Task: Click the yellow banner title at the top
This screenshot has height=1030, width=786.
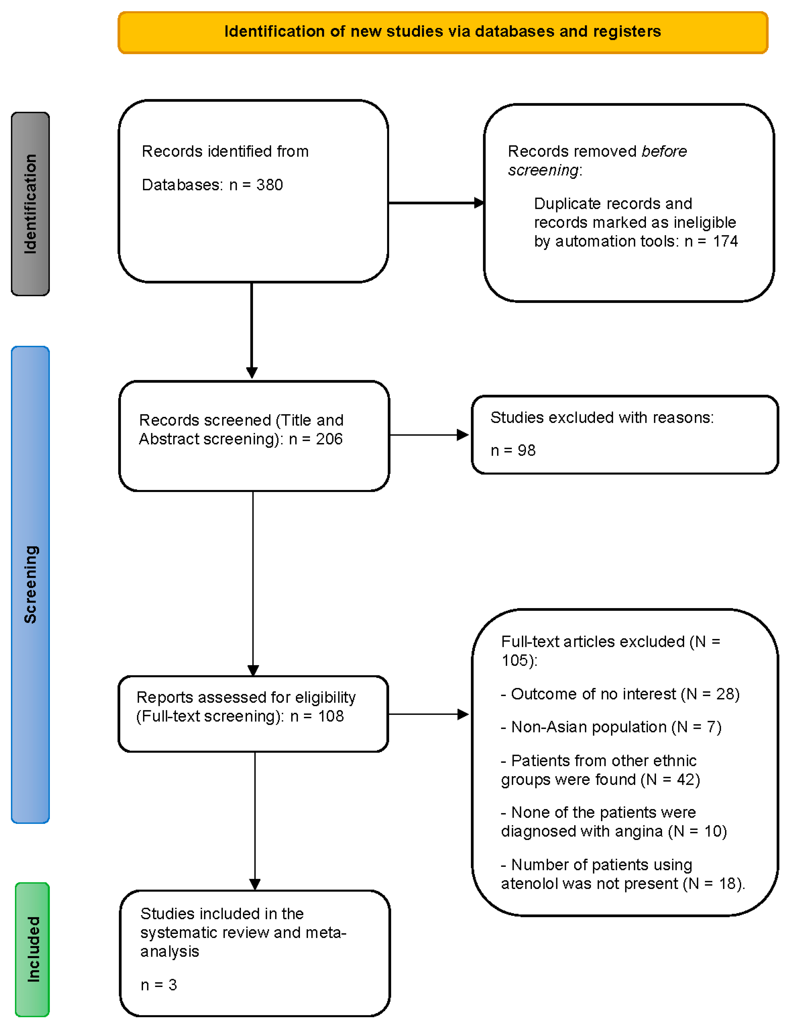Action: point(442,31)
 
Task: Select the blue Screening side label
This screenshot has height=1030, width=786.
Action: point(30,584)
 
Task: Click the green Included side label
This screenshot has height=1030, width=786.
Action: point(33,949)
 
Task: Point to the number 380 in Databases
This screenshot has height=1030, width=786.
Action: point(269,185)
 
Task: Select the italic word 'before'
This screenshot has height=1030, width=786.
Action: point(664,151)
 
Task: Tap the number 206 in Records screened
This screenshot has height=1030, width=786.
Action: point(329,439)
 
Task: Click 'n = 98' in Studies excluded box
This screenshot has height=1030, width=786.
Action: point(513,450)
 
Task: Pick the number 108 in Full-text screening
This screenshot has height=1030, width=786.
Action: point(331,716)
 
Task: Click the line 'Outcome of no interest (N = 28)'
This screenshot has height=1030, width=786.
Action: point(620,694)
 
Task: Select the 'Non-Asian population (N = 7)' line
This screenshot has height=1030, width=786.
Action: point(611,727)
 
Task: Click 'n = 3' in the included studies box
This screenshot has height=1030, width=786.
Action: point(159,985)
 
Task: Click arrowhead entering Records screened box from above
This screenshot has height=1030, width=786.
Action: point(252,373)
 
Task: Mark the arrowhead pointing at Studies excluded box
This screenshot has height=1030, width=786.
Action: point(463,435)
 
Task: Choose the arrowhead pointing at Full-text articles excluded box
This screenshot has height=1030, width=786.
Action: point(463,714)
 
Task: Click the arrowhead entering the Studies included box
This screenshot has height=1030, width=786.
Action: point(255,884)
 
